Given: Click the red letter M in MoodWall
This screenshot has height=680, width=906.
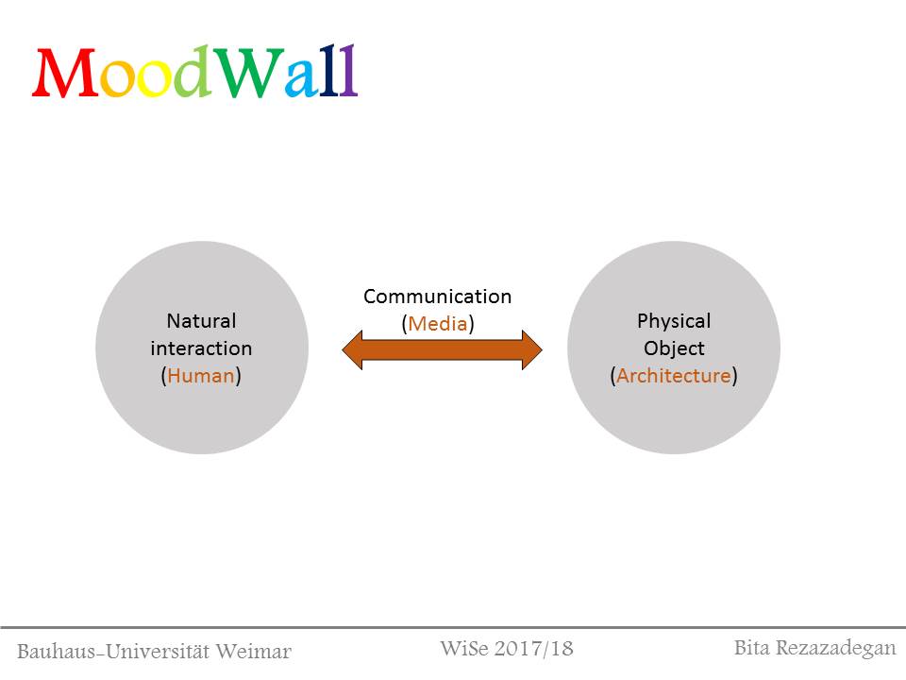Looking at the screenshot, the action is [x=65, y=73].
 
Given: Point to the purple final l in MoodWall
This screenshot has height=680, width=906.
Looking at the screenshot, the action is [x=348, y=70].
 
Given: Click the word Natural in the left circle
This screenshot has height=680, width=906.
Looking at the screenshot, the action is [x=201, y=321].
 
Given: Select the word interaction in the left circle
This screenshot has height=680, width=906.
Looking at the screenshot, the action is [x=201, y=348].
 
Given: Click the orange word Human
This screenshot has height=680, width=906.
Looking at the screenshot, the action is [x=201, y=376].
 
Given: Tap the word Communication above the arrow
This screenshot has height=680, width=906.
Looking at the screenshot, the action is [x=437, y=297].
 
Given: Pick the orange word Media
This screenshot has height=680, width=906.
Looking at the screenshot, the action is [x=437, y=324].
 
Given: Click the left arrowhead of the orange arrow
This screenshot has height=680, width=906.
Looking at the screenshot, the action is [x=352, y=349].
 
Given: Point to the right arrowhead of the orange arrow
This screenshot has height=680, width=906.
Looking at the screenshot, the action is [x=532, y=349].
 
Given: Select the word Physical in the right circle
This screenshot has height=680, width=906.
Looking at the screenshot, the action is [x=674, y=321].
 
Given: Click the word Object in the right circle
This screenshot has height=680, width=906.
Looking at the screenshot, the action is [x=674, y=348].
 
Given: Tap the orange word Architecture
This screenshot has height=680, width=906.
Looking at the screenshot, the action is [x=674, y=376].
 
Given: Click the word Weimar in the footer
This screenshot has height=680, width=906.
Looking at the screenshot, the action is [x=254, y=652].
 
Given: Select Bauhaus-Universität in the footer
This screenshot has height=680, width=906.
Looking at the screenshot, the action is [x=113, y=652].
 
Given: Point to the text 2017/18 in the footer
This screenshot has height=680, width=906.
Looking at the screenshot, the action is [x=533, y=649].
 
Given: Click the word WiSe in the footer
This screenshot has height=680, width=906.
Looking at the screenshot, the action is [x=464, y=649].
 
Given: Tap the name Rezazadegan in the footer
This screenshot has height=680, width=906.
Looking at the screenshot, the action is [x=835, y=649].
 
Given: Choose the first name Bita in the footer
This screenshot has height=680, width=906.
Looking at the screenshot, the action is [x=752, y=648].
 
